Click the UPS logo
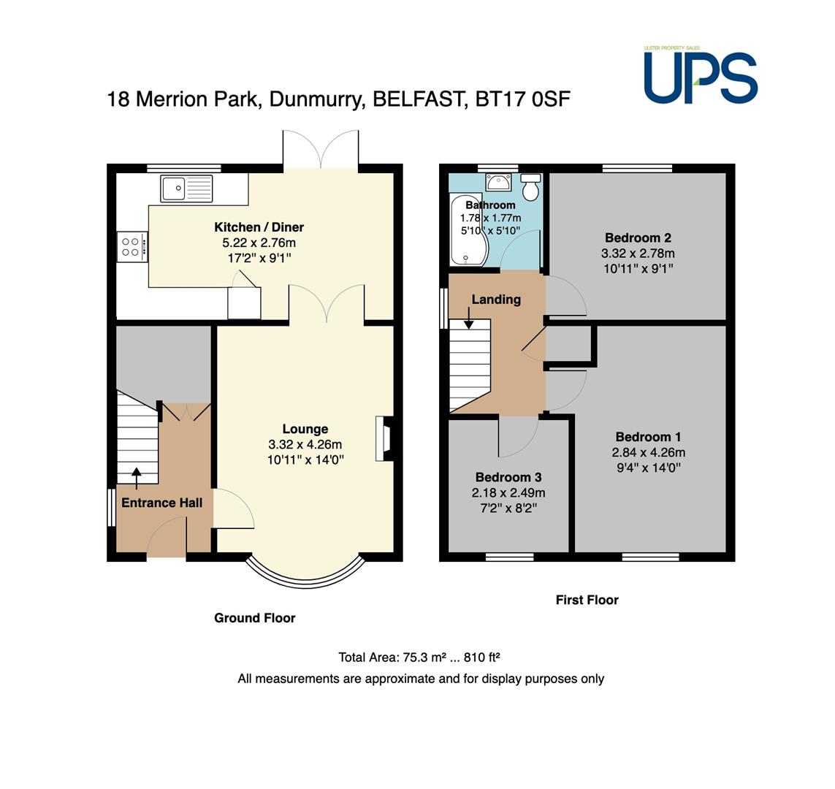(x=701, y=75)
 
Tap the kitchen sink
(x=186, y=188)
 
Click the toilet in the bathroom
(x=531, y=186)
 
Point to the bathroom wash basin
(x=498, y=182)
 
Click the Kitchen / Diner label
(x=259, y=227)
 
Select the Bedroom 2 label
(x=638, y=237)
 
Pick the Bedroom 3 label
(x=508, y=477)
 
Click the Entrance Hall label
(x=162, y=503)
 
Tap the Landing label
(x=496, y=300)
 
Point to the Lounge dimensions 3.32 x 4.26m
(x=305, y=445)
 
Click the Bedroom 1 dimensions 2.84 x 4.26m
(x=648, y=452)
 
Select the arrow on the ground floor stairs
(x=137, y=478)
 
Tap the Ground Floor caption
(x=254, y=618)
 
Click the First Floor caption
(x=587, y=600)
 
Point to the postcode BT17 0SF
(x=522, y=99)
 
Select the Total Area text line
(x=419, y=657)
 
